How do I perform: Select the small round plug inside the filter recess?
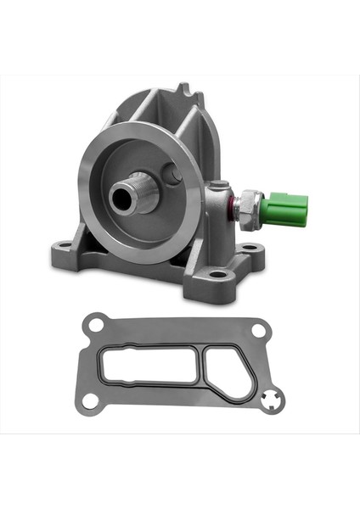point(173,176)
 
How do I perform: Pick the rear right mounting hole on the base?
point(249,248)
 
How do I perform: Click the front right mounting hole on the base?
point(218,274)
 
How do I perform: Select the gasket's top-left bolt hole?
point(96,323)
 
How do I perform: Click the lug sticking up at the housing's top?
point(185,91)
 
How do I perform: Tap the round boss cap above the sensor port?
point(219,184)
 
